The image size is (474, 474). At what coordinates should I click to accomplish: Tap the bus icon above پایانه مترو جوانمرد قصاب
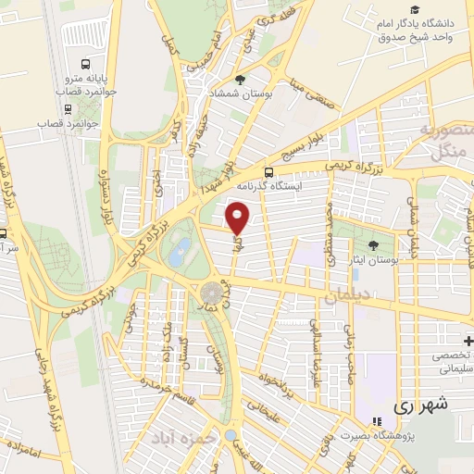[x=85, y=65]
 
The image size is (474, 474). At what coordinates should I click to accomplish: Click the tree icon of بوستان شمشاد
[x=241, y=80]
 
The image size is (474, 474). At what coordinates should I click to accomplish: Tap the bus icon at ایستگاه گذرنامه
[x=268, y=171]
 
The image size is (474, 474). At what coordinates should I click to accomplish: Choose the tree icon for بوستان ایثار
[x=373, y=245]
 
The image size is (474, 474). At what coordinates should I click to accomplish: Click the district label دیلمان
[x=348, y=296]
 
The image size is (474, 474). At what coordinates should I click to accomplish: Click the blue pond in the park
[x=182, y=247]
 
